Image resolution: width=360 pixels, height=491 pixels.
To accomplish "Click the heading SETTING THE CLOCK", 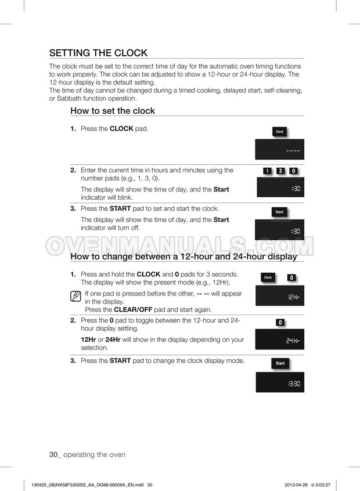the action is (98, 53).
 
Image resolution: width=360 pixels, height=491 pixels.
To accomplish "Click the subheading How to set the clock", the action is (113, 111).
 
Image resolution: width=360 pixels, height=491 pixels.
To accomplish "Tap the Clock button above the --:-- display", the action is (279, 132).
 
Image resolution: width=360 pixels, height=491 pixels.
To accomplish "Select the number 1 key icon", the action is (267, 171).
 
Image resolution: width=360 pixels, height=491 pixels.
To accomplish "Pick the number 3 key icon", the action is (280, 171).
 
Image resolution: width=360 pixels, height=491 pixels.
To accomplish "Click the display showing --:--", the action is (279, 149).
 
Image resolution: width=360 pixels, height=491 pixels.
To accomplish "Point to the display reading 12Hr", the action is (280, 295).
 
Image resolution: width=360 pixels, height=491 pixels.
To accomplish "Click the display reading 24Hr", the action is (280, 339).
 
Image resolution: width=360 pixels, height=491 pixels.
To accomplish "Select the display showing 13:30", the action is (280, 382).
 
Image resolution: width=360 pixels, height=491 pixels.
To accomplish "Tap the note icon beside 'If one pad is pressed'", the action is (75, 296).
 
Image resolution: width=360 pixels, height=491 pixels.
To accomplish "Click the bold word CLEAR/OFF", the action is (133, 310).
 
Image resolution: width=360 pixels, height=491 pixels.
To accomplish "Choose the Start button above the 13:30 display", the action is (280, 363).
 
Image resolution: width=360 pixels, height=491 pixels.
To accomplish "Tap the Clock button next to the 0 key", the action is (268, 277).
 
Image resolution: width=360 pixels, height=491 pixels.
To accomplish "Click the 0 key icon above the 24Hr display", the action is (280, 322).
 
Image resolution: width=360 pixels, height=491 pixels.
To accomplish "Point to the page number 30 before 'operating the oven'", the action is (53, 454).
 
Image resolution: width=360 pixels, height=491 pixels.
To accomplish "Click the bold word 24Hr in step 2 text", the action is (113, 340).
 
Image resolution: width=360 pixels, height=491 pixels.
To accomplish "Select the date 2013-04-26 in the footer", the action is (296, 485).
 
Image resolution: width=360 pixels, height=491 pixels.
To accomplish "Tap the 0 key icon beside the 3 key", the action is (294, 171).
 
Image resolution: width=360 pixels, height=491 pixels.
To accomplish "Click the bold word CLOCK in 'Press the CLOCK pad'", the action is (121, 129).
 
